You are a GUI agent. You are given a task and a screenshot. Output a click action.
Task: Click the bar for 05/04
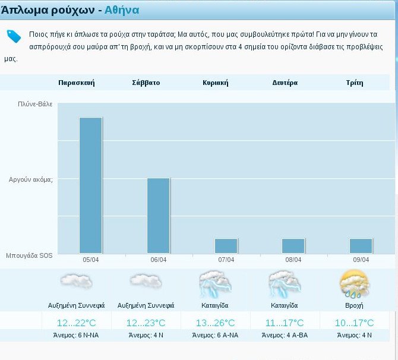tap(91, 185)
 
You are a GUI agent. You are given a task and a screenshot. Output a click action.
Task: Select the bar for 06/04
tap(159, 216)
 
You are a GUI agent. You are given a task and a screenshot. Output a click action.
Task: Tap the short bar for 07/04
tap(226, 246)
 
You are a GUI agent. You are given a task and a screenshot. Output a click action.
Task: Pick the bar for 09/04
tap(361, 246)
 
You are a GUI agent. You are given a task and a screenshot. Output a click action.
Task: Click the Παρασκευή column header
tap(77, 83)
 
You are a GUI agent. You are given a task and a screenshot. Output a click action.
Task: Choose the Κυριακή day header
tap(215, 83)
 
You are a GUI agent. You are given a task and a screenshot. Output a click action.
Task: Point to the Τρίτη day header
tap(354, 83)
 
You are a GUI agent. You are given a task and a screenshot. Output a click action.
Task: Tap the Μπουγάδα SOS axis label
tap(30, 255)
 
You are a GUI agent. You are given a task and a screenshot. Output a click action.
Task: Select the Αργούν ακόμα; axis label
tap(31, 179)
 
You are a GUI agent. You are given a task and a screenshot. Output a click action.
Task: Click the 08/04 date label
tap(293, 260)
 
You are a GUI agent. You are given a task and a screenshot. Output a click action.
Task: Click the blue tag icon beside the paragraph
tap(14, 36)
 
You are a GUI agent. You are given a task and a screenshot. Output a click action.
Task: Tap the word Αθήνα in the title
tap(122, 10)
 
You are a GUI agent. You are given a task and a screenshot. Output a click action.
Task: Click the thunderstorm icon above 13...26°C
tap(214, 283)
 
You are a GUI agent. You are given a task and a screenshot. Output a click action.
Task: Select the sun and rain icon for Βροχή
tap(354, 283)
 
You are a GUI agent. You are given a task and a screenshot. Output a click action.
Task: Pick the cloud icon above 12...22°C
tap(76, 282)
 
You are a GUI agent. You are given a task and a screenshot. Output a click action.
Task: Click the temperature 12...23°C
tap(146, 323)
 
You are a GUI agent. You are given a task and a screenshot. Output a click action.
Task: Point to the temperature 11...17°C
tap(285, 323)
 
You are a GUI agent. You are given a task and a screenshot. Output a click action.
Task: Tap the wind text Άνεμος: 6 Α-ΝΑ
tap(215, 336)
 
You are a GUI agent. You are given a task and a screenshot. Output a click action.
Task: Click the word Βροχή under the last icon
tap(353, 305)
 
